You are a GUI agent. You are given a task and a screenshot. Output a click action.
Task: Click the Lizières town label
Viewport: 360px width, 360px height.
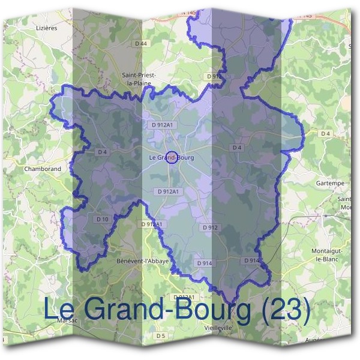click(46, 28)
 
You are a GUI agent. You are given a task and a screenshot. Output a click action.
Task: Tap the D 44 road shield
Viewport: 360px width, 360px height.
click(141, 43)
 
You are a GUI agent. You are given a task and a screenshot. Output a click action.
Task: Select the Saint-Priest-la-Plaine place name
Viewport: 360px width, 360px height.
click(139, 79)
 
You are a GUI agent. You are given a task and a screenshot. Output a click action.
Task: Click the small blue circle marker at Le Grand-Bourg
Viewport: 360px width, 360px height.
click(171, 157)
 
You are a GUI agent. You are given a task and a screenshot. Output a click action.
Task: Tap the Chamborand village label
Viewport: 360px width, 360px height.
click(43, 169)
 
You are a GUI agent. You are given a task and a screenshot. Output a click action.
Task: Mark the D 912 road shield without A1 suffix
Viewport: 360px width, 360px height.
click(210, 227)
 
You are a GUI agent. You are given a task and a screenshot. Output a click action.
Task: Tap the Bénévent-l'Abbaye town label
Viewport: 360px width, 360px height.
click(142, 262)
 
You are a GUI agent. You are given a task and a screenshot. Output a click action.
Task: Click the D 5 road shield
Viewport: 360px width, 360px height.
click(160, 335)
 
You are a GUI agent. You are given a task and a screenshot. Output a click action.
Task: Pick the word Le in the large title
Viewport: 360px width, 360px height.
click(58, 310)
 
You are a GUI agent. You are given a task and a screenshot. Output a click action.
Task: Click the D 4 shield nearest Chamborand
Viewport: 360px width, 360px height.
click(102, 152)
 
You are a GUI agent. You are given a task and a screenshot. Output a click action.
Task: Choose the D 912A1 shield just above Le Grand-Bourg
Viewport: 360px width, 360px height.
click(163, 125)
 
